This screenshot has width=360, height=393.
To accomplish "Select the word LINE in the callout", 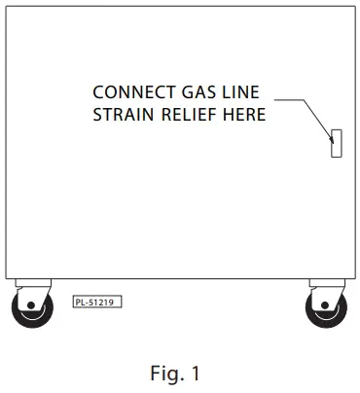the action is tap(240, 92).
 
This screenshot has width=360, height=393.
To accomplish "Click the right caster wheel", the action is tap(326, 309).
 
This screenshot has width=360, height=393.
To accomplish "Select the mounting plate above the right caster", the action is tap(325, 282).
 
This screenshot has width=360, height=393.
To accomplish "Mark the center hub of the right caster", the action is tap(327, 310).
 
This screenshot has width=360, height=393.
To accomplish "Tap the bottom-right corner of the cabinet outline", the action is tap(351, 277).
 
